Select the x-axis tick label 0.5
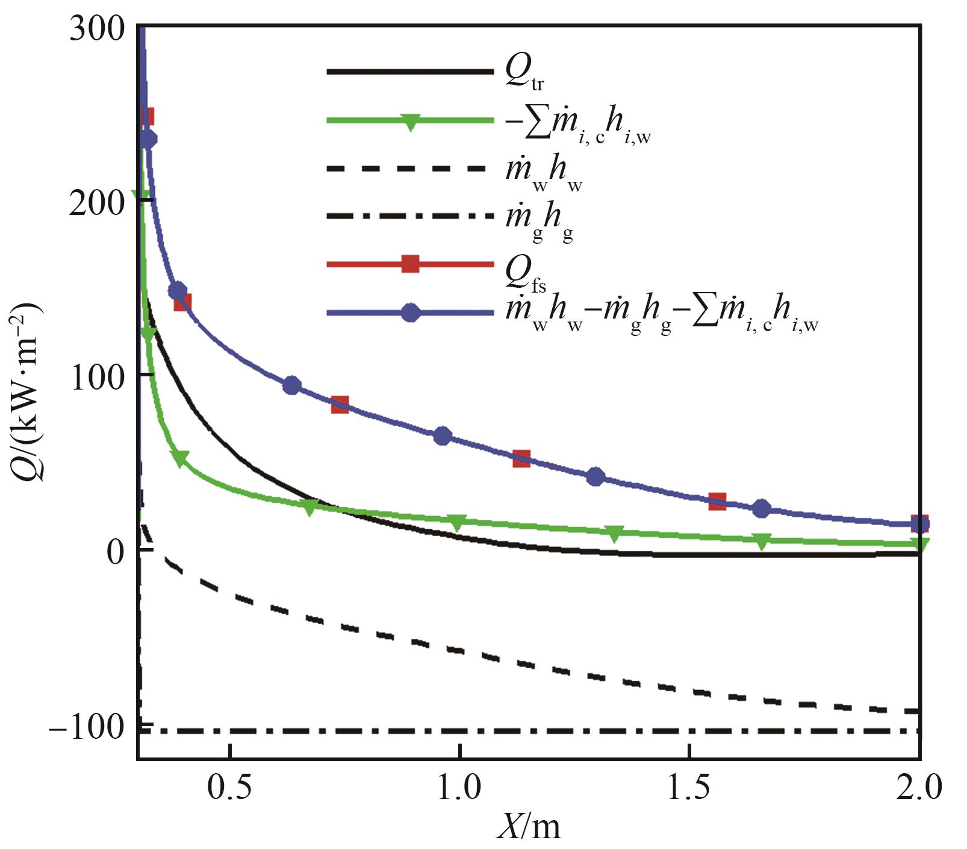tap(229, 788)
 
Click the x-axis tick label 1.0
tap(459, 788)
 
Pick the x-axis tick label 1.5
tap(689, 788)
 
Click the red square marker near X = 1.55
tap(717, 501)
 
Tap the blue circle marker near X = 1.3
tap(595, 477)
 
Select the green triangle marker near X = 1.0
tap(457, 523)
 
